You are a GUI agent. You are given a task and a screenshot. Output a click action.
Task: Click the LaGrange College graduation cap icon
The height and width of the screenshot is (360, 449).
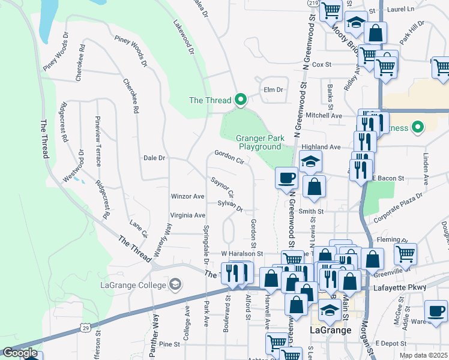(175, 283)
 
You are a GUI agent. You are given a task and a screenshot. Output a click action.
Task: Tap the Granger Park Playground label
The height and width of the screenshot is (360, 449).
(259, 142)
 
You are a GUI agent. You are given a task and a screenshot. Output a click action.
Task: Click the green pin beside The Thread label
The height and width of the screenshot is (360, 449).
(241, 100)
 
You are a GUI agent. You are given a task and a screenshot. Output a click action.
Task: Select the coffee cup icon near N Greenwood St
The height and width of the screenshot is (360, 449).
(286, 178)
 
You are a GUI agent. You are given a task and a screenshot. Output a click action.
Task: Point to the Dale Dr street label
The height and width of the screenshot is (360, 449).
(154, 158)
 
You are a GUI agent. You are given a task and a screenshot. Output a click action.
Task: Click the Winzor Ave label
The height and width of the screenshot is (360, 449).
(188, 196)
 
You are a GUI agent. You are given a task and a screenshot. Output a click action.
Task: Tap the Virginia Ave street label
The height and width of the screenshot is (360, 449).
(188, 215)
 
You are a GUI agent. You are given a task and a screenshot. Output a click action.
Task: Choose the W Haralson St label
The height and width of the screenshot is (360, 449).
(242, 254)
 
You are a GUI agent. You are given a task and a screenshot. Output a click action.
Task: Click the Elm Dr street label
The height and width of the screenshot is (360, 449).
(273, 90)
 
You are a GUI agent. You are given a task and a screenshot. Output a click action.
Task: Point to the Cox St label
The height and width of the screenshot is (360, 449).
(322, 64)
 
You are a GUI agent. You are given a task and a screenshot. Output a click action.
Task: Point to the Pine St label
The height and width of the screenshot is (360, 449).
(169, 344)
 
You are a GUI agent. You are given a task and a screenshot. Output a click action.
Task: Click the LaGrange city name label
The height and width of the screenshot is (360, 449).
(327, 330)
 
